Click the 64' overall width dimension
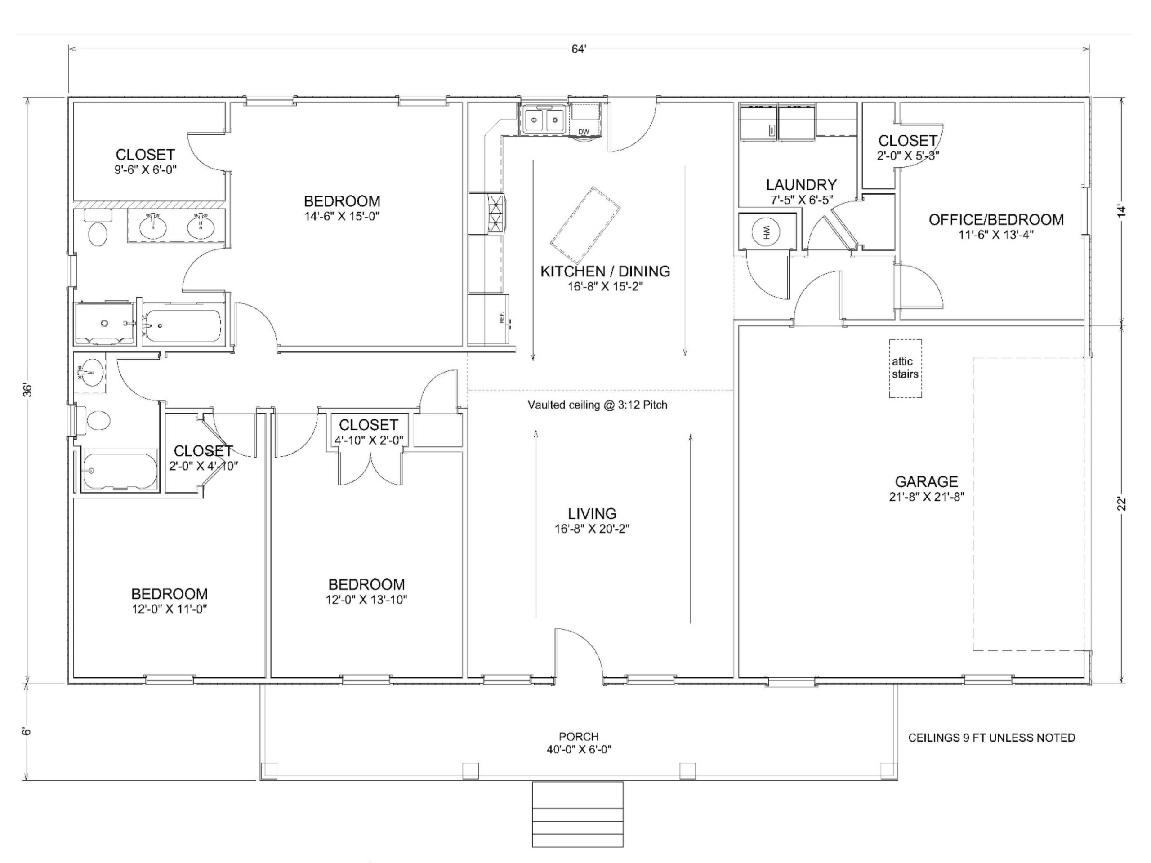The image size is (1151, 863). tap(579, 49)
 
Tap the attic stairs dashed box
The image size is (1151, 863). tap(905, 368)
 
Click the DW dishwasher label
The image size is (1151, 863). tap(584, 132)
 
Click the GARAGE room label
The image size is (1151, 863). tap(926, 481)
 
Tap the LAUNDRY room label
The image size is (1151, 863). tap(801, 185)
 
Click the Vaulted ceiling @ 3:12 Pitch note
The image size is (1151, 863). tap(598, 405)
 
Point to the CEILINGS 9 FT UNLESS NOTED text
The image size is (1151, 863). tap(991, 738)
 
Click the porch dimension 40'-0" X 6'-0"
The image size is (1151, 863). tap(578, 750)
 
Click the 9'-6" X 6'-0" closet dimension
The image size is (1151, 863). tap(146, 169)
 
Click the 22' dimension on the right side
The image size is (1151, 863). tap(1122, 503)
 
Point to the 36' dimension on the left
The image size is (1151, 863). tap(29, 390)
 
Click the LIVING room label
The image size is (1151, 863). tap(592, 513)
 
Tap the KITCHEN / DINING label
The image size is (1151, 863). tap(605, 271)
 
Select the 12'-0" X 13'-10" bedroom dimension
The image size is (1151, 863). tap(366, 600)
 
